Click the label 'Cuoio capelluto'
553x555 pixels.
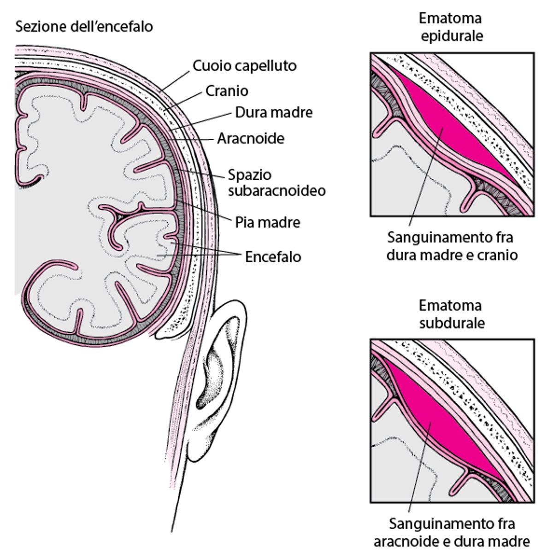point(244,66)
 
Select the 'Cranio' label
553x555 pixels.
point(227,91)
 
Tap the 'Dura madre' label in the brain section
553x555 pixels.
point(274,112)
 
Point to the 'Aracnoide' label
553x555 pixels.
point(251,138)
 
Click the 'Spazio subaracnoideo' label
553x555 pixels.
point(276,183)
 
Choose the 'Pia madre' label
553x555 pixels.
point(267,222)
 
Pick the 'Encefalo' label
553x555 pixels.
point(273,256)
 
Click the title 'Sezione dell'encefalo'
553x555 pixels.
point(84,26)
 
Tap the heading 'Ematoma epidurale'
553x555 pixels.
point(451,27)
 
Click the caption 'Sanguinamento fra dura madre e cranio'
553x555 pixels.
point(452,246)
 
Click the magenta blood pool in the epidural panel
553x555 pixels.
point(442,129)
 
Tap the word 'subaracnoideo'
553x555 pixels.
point(276,190)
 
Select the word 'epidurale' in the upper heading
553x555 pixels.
point(452,36)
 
